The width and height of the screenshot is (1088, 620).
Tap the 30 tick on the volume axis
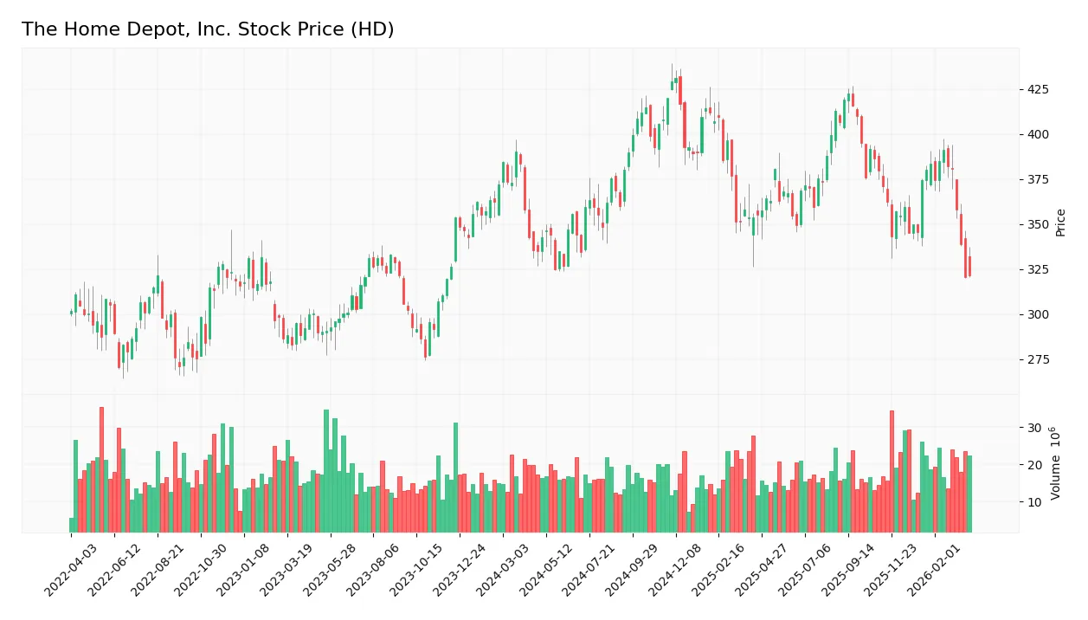point(1034,428)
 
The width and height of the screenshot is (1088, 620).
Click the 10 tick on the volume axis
point(1034,502)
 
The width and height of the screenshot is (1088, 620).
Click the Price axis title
point(1060,223)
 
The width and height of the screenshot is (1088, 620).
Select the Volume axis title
point(1056,463)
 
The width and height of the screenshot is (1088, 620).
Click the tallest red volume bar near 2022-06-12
point(101,470)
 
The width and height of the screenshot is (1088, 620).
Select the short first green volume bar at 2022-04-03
point(71,525)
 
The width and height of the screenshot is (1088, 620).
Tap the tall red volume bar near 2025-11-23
point(892,472)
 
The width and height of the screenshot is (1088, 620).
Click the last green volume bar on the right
point(969,494)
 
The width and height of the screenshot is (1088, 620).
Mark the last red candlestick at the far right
point(969,266)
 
